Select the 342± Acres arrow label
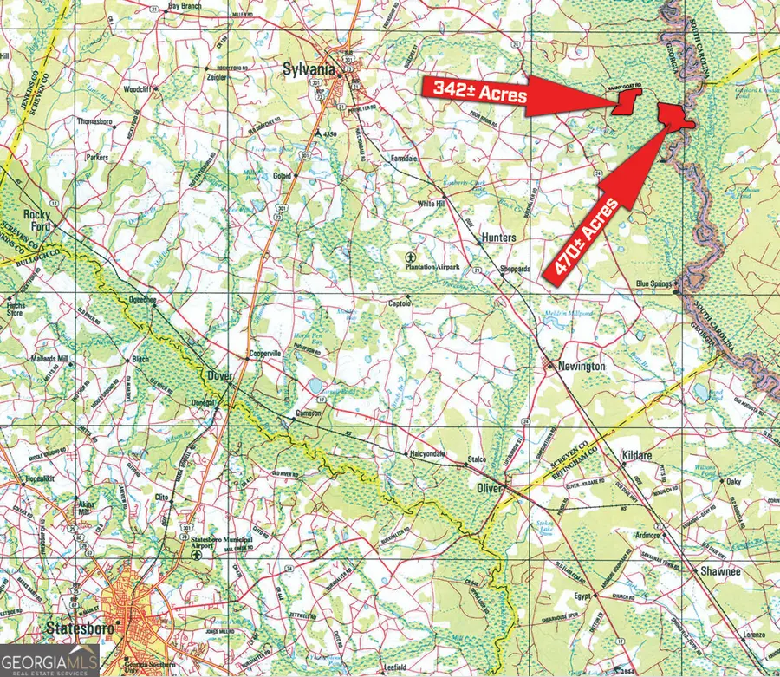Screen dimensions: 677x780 476,90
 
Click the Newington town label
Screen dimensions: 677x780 581,367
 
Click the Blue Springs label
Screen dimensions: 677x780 654,283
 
